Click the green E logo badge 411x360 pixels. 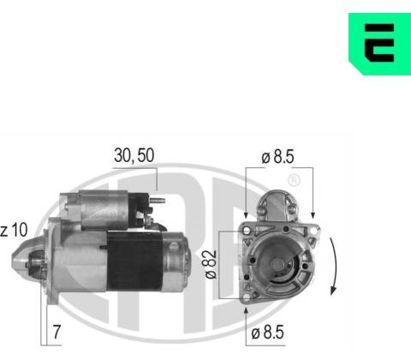(x=379, y=44)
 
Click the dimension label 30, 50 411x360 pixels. (x=134, y=156)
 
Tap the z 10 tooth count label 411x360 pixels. (x=14, y=230)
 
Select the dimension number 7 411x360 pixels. (x=57, y=332)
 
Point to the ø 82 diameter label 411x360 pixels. (x=211, y=264)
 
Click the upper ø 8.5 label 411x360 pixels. (x=277, y=157)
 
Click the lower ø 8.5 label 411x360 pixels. (x=267, y=332)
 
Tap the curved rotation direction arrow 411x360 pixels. (x=335, y=266)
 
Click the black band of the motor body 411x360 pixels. (x=134, y=261)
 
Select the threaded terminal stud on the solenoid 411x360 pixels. (x=158, y=201)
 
